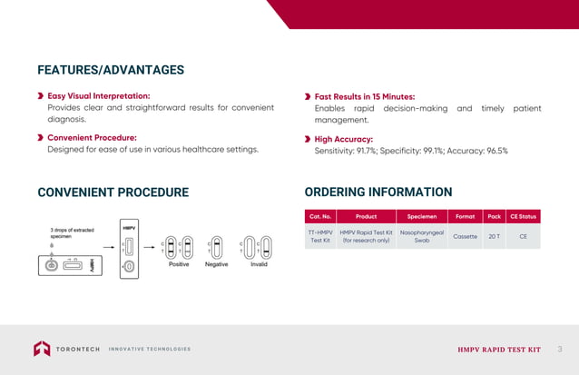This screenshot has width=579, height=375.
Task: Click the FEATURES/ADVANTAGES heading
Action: (x=111, y=70)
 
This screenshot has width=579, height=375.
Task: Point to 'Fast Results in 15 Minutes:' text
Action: (x=364, y=96)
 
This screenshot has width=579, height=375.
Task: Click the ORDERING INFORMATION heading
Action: (x=378, y=192)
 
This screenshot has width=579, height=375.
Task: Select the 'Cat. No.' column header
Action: (x=320, y=217)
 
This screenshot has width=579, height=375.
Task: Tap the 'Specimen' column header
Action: (x=421, y=217)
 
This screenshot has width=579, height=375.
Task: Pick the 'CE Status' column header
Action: (x=523, y=217)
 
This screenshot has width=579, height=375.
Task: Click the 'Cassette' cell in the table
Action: (x=465, y=236)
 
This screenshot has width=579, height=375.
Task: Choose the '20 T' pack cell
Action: (x=494, y=236)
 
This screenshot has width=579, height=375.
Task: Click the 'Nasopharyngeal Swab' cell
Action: (x=421, y=236)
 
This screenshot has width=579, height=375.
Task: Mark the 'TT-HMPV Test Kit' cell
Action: (x=320, y=236)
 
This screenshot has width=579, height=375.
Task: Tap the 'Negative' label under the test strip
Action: (x=216, y=264)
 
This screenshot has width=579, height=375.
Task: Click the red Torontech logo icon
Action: (x=43, y=349)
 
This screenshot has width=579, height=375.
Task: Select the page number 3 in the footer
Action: (x=559, y=349)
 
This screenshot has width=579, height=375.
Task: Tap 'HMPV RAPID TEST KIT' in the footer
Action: (x=498, y=350)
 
